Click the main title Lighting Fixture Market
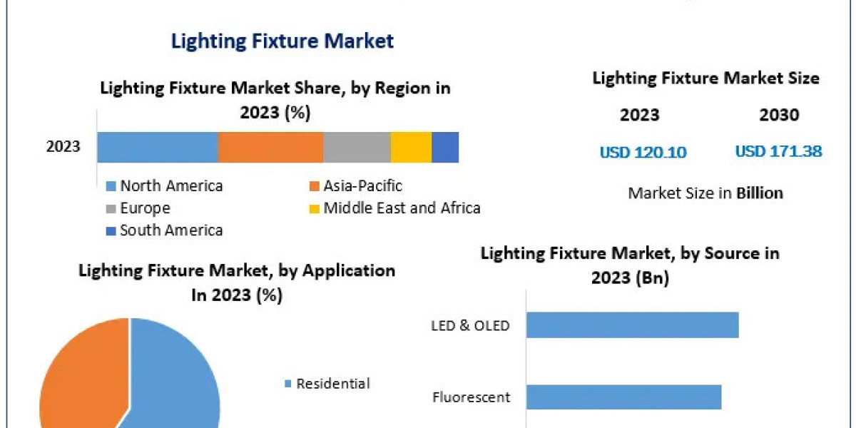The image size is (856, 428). (282, 41)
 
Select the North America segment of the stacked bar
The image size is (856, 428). (157, 147)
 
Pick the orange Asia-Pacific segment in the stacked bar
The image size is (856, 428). (270, 147)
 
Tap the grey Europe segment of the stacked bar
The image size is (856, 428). (357, 147)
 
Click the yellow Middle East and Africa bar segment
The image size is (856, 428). (411, 147)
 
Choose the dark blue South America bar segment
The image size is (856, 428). (445, 147)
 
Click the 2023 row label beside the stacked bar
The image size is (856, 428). (63, 147)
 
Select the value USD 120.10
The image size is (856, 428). (643, 152)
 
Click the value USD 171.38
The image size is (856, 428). (778, 151)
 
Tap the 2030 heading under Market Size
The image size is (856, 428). (780, 115)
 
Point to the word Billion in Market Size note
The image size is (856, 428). (760, 193)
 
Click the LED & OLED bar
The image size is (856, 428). (633, 325)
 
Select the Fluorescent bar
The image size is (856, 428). (624, 397)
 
